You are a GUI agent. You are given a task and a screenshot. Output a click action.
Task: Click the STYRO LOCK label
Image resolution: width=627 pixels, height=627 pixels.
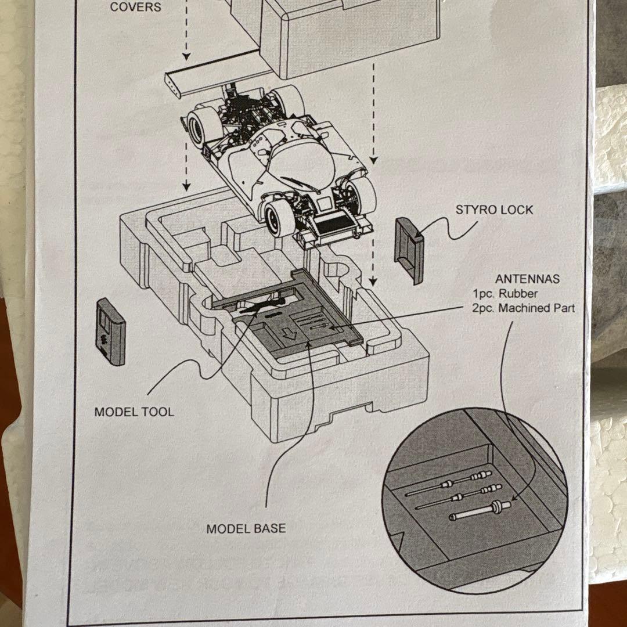(493, 210)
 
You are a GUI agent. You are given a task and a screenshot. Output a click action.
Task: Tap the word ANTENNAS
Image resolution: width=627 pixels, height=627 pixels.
(527, 279)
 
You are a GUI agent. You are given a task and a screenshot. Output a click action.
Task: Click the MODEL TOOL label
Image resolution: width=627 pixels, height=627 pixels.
(134, 412)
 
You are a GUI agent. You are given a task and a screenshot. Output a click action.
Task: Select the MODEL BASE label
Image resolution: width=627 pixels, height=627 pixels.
(246, 529)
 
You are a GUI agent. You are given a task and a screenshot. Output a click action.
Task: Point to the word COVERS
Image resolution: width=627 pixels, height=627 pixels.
(135, 8)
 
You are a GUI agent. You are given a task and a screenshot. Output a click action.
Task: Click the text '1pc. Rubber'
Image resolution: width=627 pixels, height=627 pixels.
(505, 294)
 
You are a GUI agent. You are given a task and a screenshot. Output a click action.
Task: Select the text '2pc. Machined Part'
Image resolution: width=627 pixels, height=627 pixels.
(523, 308)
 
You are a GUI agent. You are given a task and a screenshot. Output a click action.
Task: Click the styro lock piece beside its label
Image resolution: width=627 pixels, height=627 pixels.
(409, 250)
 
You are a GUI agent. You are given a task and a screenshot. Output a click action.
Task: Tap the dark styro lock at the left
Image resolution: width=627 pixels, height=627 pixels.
(110, 331)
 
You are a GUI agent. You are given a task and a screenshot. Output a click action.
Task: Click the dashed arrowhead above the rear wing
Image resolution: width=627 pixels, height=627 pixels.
(186, 56)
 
